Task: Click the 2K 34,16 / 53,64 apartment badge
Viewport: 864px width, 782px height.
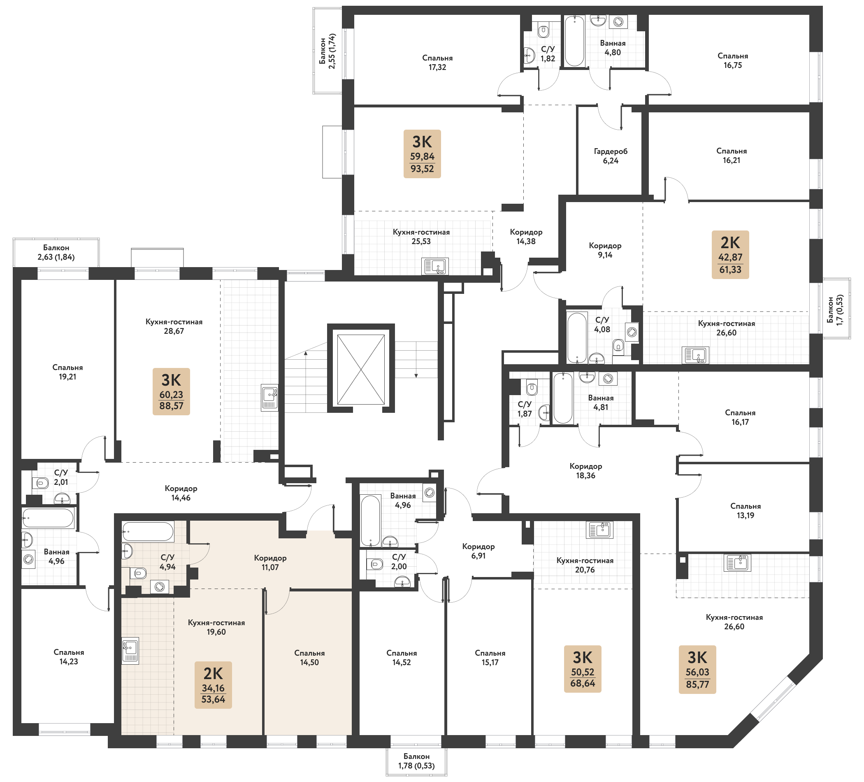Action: (x=213, y=685)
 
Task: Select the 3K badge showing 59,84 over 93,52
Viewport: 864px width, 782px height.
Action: (x=422, y=154)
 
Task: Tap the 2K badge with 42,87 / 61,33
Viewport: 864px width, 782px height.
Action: (x=730, y=255)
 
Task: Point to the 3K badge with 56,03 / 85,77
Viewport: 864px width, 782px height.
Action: (x=697, y=669)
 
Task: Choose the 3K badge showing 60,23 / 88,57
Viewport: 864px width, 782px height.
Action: (x=171, y=391)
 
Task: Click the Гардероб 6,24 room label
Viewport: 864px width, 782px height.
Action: (x=610, y=156)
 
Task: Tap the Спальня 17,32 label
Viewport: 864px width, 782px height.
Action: (x=437, y=63)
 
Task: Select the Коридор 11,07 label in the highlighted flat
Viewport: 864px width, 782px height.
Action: (x=270, y=563)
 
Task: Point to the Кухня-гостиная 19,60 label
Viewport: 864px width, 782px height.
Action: (x=216, y=627)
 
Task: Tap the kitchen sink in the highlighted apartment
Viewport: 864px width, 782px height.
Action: (x=130, y=650)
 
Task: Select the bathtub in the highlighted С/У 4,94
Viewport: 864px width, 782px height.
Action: (x=147, y=532)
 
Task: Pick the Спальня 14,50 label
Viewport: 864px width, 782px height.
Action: (x=309, y=658)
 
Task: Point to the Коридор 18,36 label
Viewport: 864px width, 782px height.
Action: (x=585, y=471)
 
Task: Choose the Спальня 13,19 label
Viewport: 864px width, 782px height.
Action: (x=745, y=511)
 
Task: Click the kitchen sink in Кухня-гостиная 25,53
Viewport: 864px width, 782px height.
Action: (x=435, y=266)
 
